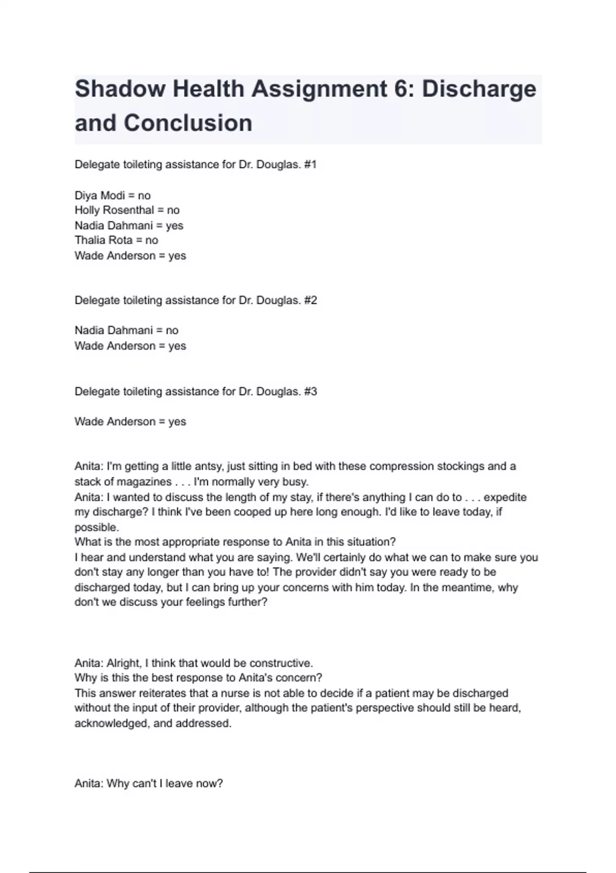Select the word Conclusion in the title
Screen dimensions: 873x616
pos(188,123)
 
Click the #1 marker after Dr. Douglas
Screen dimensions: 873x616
pos(310,165)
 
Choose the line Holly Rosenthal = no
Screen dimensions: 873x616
pos(127,210)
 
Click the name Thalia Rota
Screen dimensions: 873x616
pos(103,240)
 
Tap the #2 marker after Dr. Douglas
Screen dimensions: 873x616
pos(310,300)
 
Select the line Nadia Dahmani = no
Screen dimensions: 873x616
pos(126,330)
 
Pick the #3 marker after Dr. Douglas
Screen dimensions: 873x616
pos(310,391)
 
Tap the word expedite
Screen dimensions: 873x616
pos(505,497)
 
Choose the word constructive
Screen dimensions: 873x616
pos(283,663)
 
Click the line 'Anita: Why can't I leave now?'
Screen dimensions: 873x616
pos(148,784)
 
